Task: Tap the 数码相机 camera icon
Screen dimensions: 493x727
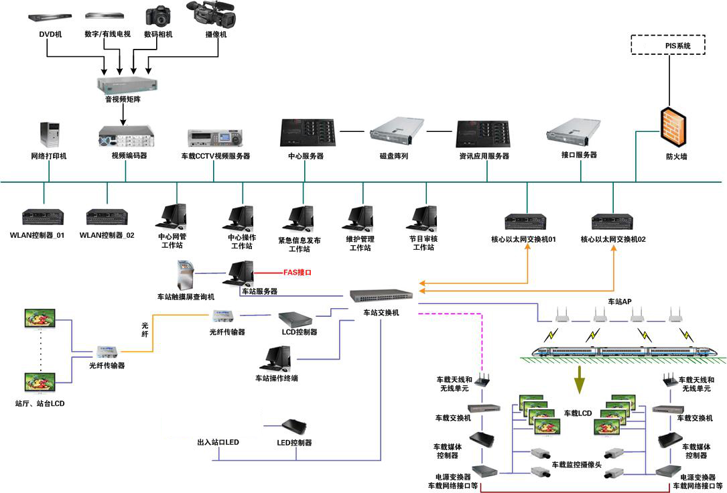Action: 159,16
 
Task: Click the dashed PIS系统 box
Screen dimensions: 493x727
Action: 668,46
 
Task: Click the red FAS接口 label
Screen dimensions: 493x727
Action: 297,273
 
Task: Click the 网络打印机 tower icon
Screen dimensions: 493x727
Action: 50,135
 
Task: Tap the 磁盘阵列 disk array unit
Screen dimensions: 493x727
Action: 398,132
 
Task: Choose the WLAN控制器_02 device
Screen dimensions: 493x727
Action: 107,217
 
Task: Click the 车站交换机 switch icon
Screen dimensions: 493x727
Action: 381,296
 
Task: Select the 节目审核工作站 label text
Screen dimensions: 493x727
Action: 421,243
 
